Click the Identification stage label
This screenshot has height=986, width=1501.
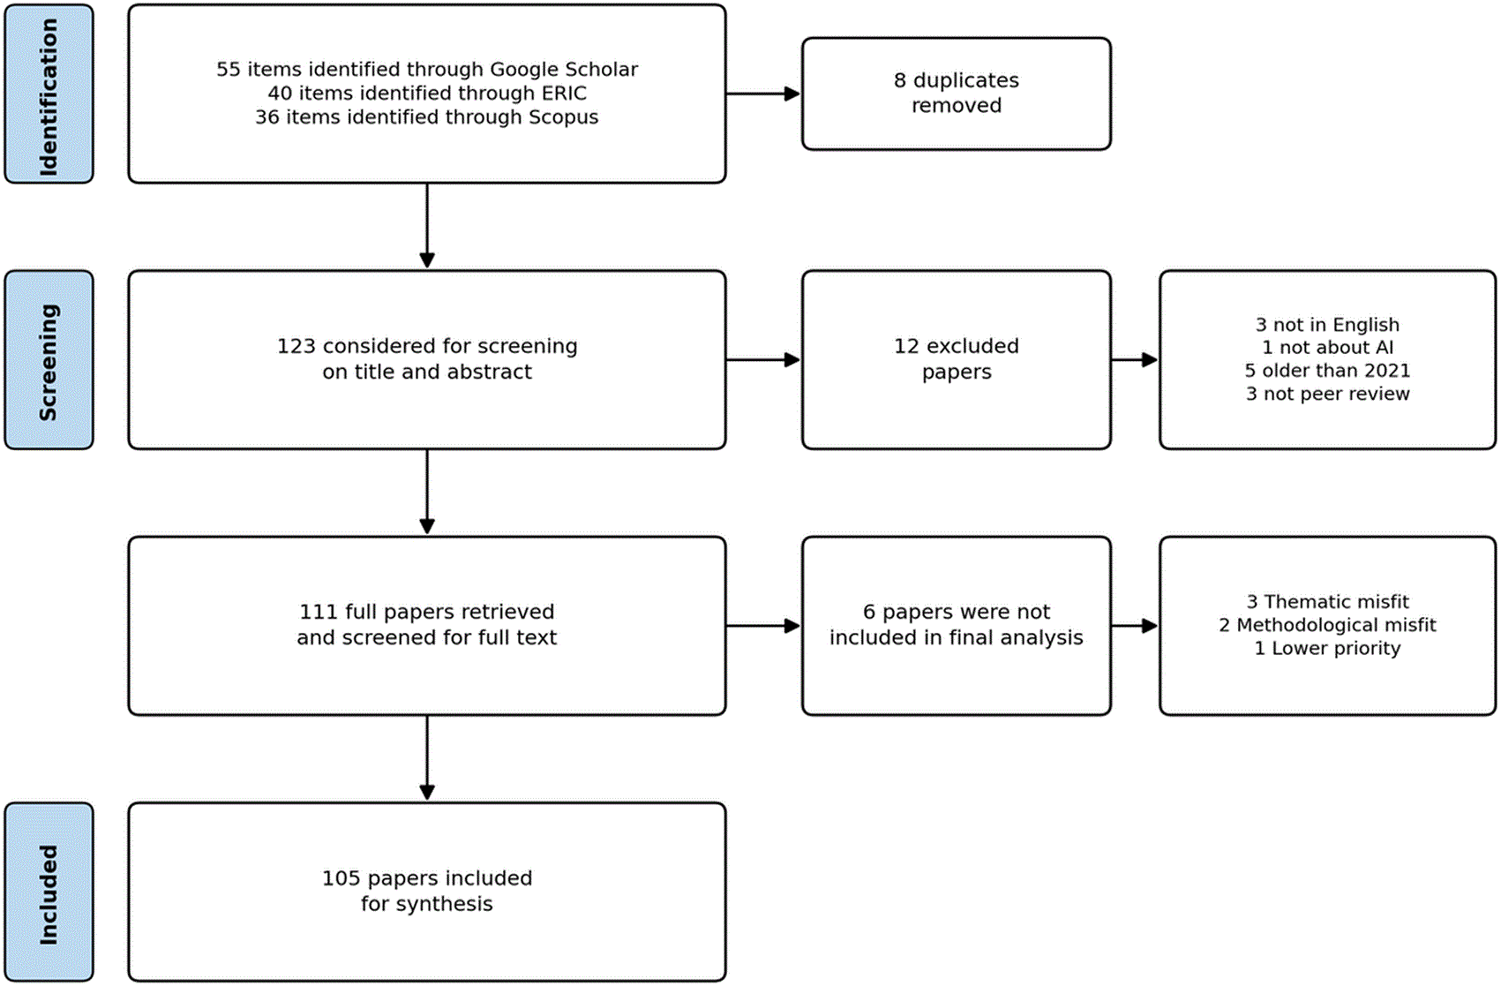(x=49, y=94)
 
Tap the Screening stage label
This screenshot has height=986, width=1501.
(x=49, y=360)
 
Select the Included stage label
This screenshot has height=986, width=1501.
(x=49, y=892)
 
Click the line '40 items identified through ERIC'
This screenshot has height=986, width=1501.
(x=427, y=94)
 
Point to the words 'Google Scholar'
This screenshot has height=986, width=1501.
(x=564, y=70)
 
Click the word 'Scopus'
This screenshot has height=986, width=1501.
(x=563, y=117)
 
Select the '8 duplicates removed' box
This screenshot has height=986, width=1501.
(x=957, y=94)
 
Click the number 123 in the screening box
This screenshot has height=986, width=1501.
(x=296, y=347)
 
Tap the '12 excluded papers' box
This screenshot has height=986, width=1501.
(x=957, y=360)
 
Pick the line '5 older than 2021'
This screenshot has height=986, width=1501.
(x=1327, y=371)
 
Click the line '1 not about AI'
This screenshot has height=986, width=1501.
(x=1327, y=348)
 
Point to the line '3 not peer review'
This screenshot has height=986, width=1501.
(x=1327, y=394)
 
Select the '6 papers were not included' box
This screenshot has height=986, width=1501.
(x=957, y=625)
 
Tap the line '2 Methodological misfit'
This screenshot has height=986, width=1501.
(x=1327, y=625)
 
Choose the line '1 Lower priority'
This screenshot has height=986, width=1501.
(x=1327, y=649)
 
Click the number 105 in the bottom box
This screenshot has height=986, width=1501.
(x=341, y=878)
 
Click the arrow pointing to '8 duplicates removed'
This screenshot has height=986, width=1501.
(x=763, y=94)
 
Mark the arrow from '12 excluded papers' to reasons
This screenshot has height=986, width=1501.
(x=1135, y=360)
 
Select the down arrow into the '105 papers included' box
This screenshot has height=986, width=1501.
(x=427, y=758)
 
